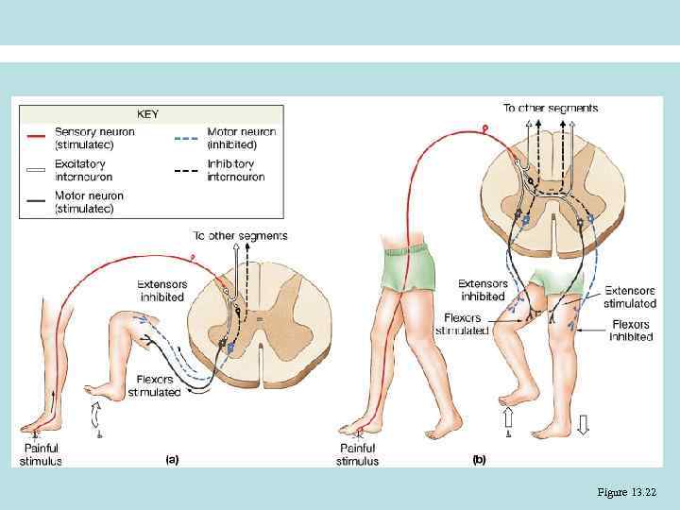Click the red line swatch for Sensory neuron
point(37,135)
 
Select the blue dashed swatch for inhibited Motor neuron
point(188,135)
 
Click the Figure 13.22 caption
point(626,491)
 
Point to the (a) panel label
point(172,460)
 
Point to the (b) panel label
point(479,460)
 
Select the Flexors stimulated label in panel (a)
point(154,385)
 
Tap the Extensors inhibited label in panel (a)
point(161,289)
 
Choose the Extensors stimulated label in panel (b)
point(630,297)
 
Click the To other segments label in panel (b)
point(551,109)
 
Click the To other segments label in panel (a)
point(241,235)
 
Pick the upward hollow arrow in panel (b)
point(507,417)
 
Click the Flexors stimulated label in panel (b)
point(462,325)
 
